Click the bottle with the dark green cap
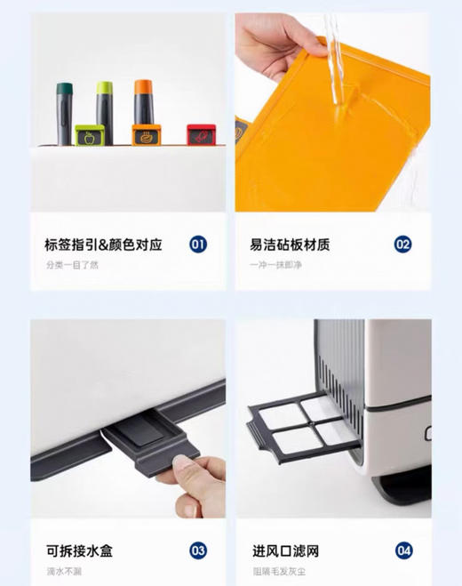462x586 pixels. click(65, 111)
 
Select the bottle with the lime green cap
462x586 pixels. click(103, 106)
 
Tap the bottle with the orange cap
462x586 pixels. click(142, 103)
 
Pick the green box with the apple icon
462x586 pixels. click(88, 136)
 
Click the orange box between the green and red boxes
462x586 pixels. click(145, 135)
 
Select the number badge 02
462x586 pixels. click(402, 244)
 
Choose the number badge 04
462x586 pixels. click(402, 551)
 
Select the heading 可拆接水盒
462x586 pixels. click(79, 551)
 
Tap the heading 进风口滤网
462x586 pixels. click(285, 551)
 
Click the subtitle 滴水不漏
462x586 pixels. click(65, 572)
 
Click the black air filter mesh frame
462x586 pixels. click(301, 424)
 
